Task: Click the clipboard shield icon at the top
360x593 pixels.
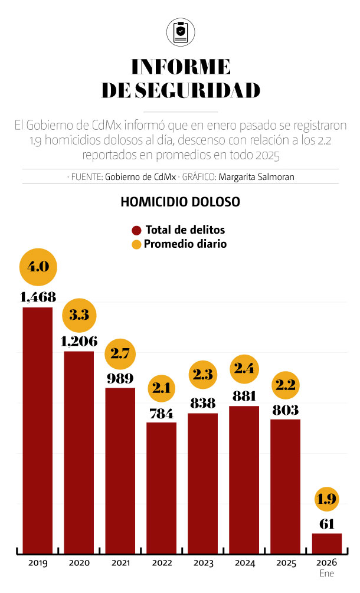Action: [180, 31]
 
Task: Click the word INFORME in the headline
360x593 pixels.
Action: [180, 65]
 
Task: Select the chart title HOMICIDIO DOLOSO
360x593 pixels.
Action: [180, 201]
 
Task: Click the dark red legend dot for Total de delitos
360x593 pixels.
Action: [137, 230]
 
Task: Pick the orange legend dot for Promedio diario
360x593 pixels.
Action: [137, 244]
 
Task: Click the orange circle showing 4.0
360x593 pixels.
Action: [38, 266]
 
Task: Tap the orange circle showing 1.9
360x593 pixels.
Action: [327, 499]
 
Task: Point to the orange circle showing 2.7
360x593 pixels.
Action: [120, 353]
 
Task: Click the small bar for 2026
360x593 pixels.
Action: [327, 542]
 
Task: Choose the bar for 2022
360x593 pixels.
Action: [162, 487]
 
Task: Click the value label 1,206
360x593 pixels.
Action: [79, 341]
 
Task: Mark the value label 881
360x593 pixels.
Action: [244, 396]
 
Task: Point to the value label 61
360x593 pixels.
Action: [327, 523]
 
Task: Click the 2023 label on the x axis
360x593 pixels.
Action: [203, 563]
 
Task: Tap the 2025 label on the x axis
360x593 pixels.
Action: [286, 563]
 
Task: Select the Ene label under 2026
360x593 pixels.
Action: [327, 574]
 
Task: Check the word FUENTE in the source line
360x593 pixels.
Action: [87, 176]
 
